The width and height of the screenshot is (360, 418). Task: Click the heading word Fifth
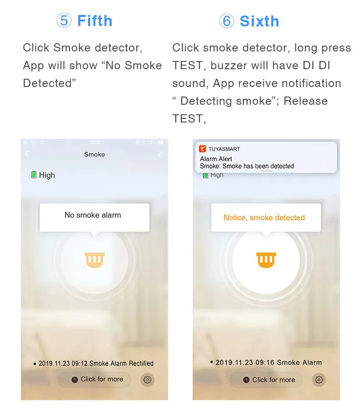(95, 21)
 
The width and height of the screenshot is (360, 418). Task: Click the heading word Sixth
(259, 21)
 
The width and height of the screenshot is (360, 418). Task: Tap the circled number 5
(64, 21)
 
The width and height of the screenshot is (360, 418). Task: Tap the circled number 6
(226, 21)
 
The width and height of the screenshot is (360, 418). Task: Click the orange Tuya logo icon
(203, 149)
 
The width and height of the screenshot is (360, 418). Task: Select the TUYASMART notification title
(224, 149)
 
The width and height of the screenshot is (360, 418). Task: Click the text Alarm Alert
(216, 159)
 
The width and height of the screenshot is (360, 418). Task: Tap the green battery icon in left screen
(34, 175)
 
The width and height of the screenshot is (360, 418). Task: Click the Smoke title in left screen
(94, 154)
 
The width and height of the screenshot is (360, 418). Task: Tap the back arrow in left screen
(27, 154)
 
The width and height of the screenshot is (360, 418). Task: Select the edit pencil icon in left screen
(160, 154)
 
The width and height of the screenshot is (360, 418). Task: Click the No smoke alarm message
(93, 215)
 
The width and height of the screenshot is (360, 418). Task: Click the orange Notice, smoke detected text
(264, 218)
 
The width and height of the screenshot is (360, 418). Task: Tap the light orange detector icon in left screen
(94, 260)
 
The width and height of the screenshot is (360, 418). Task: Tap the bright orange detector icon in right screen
(266, 260)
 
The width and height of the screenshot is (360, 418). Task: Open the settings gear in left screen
(147, 380)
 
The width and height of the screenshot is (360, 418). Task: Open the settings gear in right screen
(319, 380)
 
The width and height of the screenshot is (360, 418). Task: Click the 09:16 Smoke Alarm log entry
(268, 362)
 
